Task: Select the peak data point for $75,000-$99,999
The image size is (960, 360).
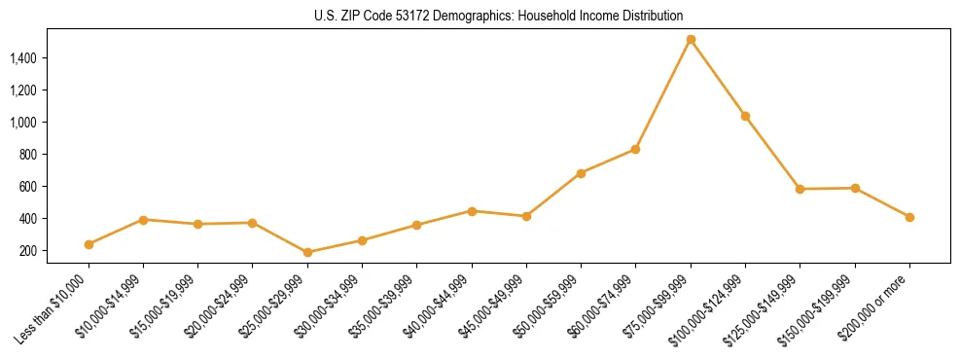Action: (691, 40)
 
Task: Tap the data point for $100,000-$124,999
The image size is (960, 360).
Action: (745, 116)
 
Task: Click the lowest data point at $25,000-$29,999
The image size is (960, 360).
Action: (307, 252)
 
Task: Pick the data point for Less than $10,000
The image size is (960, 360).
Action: (89, 244)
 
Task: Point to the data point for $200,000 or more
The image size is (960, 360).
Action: (909, 217)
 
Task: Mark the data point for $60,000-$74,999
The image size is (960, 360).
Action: (636, 149)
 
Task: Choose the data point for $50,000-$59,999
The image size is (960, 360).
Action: (581, 173)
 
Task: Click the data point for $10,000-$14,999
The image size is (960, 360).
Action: (143, 220)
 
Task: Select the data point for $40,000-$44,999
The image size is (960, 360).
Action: (472, 211)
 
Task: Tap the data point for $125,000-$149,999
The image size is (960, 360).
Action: (800, 189)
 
